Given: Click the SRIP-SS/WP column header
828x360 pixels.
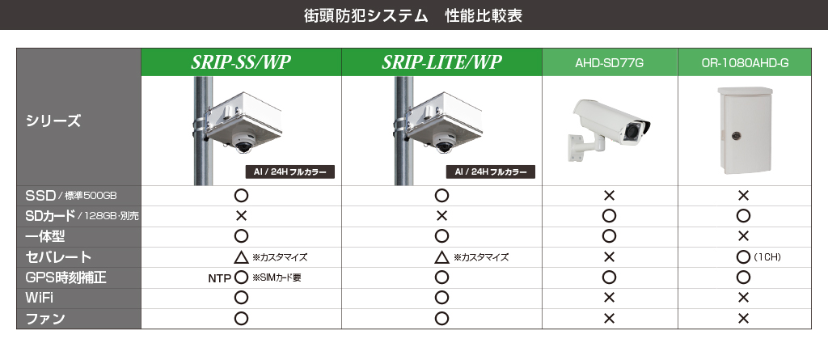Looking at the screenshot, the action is [x=241, y=62].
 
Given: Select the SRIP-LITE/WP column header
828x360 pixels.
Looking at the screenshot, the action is [x=441, y=62].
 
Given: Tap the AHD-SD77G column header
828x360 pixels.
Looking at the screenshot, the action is [x=610, y=63].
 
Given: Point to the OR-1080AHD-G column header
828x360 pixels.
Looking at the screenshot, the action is [x=745, y=63].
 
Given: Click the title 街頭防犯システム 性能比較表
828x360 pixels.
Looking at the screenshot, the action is [x=413, y=15].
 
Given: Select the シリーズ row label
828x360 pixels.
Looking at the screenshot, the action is [x=53, y=121].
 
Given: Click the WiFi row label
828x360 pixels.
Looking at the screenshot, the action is [x=39, y=298].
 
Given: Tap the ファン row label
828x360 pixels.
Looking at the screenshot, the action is [x=45, y=318].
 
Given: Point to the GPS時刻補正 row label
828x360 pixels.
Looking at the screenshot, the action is [x=65, y=277].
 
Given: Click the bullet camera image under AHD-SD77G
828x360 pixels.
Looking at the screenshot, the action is [x=610, y=129].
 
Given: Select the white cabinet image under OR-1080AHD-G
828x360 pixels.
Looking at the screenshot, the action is [x=745, y=130].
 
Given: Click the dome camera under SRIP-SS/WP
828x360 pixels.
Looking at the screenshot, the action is [x=243, y=142].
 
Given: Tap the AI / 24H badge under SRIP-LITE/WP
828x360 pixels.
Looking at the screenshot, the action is [x=491, y=172].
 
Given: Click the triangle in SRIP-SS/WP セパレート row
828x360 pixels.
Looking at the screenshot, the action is [x=241, y=257].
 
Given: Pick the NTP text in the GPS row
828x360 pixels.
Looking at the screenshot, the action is [x=219, y=278].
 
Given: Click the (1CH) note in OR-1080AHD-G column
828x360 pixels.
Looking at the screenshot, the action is [x=767, y=257].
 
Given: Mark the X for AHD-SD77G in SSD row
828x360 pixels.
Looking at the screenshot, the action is [x=609, y=196].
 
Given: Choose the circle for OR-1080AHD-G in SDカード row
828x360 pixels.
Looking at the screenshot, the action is [x=743, y=216].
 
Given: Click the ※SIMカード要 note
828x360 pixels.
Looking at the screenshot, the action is [x=277, y=277].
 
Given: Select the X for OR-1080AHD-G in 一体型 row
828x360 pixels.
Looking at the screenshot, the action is [x=743, y=235].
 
